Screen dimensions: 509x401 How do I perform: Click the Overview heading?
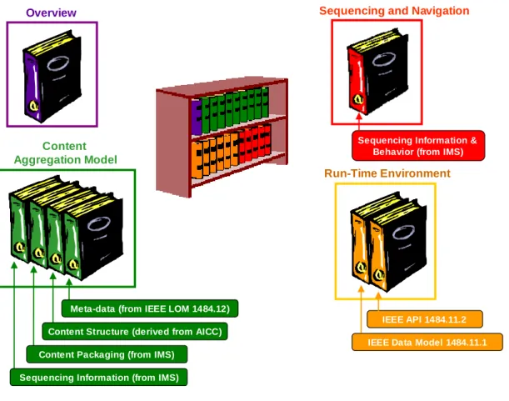click(51, 13)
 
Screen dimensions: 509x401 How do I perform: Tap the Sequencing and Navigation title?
click(394, 11)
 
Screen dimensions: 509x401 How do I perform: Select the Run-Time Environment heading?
click(387, 173)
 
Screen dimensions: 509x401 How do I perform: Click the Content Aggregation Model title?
click(65, 153)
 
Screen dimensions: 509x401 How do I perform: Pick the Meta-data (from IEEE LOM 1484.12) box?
click(150, 308)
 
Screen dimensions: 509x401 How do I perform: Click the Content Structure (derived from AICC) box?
click(135, 332)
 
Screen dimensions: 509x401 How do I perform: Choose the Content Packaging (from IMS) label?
click(107, 354)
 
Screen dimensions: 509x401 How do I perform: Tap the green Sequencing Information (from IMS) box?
click(98, 378)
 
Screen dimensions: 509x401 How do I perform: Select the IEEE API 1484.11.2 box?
click(425, 319)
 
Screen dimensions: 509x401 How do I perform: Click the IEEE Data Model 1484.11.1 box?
click(427, 342)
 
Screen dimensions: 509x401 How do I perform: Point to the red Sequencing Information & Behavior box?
click(418, 146)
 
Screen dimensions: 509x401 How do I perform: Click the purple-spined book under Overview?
click(52, 76)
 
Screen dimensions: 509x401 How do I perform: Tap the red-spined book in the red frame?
click(378, 73)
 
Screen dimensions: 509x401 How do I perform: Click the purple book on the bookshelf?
click(197, 118)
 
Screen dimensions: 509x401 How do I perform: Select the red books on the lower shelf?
click(255, 143)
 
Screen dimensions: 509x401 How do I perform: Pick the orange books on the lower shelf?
click(215, 155)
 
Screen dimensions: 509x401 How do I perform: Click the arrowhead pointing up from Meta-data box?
click(69, 282)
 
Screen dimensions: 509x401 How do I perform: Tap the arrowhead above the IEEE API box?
click(378, 295)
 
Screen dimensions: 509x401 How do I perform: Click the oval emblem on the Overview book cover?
click(57, 63)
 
